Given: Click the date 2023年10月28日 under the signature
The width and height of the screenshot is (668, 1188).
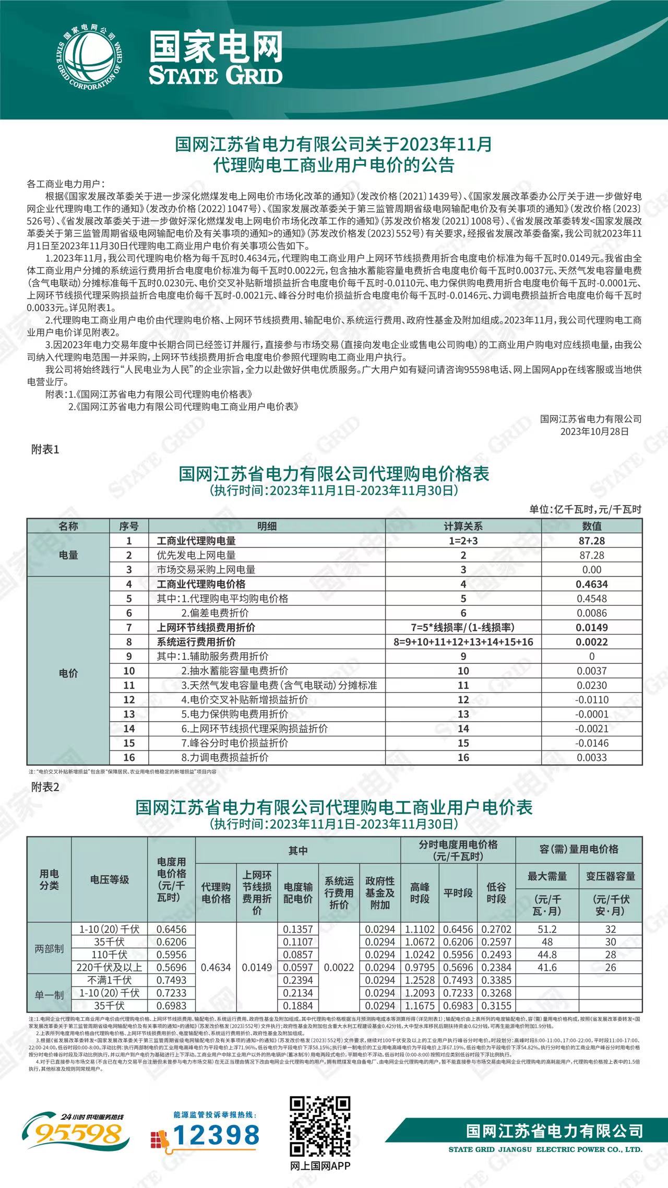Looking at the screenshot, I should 594,431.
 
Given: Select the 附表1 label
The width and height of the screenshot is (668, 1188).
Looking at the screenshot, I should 45,449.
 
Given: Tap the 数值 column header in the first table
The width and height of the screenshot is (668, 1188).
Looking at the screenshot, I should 592,526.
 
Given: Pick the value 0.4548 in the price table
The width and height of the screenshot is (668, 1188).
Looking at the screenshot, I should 592,598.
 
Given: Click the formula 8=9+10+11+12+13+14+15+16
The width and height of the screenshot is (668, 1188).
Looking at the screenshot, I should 463,642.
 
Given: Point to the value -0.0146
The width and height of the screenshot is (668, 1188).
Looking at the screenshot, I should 592,743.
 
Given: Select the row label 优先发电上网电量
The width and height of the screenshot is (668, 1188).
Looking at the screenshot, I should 196,555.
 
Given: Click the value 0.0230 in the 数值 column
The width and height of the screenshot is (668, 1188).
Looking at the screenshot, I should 592,685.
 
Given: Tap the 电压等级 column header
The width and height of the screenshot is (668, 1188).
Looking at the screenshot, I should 110,879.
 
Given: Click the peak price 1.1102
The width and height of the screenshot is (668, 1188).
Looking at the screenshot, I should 420,929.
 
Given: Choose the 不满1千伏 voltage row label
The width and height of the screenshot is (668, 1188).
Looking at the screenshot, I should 110,980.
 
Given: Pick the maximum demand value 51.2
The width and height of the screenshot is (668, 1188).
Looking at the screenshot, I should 547,929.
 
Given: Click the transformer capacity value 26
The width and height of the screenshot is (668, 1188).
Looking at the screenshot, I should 611,967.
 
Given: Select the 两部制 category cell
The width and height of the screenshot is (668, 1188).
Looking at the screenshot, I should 49,948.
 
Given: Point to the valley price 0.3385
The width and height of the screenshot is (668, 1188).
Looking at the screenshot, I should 496,980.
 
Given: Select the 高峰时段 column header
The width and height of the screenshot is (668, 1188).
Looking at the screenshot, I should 420,892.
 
